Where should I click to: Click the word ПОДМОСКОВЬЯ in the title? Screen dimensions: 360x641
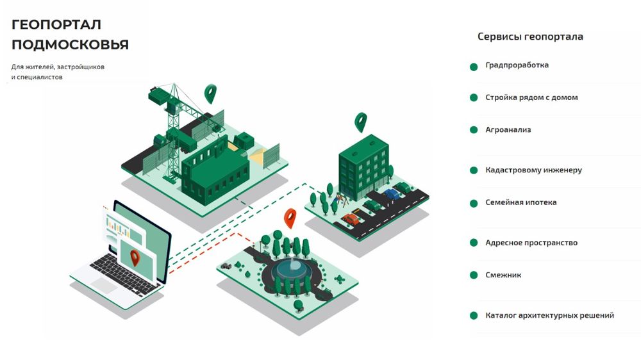coord(71,45)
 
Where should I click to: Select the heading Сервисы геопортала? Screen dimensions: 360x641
coord(530,37)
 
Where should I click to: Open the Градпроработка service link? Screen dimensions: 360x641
coord(517,65)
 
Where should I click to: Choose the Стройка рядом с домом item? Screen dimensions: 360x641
coord(531,98)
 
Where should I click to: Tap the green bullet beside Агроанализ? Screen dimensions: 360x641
coord(474,130)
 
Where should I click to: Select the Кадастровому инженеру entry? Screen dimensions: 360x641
coord(533,170)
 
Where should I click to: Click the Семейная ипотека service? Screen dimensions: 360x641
coord(520,202)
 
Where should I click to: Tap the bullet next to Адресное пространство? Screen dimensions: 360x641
coord(474,243)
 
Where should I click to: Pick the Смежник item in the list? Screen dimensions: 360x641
coord(503,275)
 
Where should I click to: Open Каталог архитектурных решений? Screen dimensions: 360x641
coord(549,316)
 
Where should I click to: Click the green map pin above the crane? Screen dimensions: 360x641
coord(210,93)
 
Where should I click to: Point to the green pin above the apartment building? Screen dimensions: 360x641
coord(361,121)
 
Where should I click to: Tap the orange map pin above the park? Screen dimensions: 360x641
coord(290,218)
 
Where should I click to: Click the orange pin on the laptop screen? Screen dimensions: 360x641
coord(135,258)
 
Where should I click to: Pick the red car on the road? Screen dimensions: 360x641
coord(350,219)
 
